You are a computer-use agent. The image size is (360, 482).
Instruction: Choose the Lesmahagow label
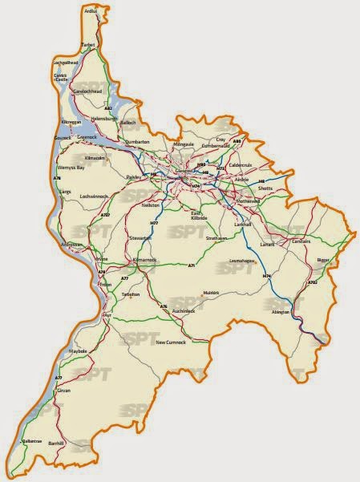[x=244, y=261]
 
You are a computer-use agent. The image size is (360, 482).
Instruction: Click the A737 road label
[x=105, y=216]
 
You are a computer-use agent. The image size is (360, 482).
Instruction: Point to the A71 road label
[x=191, y=265]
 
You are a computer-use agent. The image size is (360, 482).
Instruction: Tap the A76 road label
[x=164, y=306]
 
